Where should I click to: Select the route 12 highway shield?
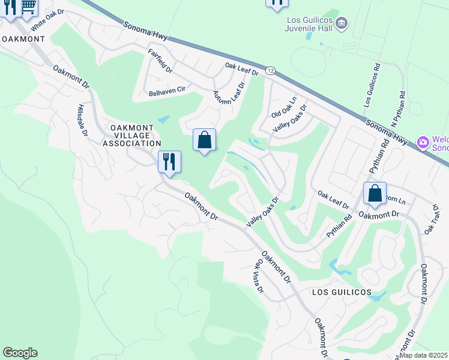[x=271, y=71]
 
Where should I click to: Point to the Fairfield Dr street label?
[x=160, y=61]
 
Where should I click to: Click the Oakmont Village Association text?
[x=131, y=136]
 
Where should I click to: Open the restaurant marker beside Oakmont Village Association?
[x=169, y=161]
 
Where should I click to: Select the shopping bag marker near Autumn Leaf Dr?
[x=204, y=140]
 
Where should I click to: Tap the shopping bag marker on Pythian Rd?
[x=375, y=193]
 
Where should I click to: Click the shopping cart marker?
[x=28, y=7]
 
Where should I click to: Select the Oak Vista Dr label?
[x=260, y=275]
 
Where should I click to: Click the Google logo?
[x=20, y=353]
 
